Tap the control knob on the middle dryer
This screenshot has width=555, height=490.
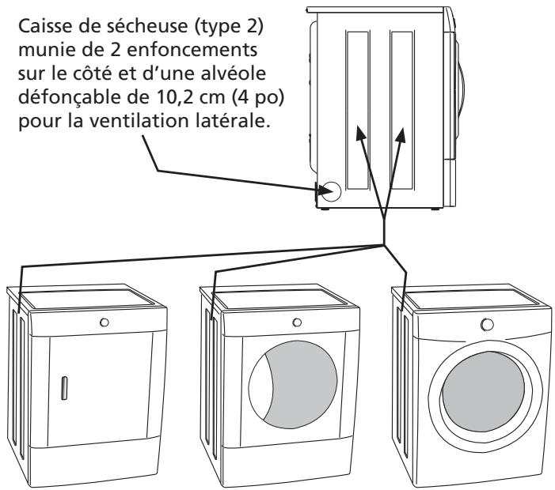(x=296, y=322)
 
